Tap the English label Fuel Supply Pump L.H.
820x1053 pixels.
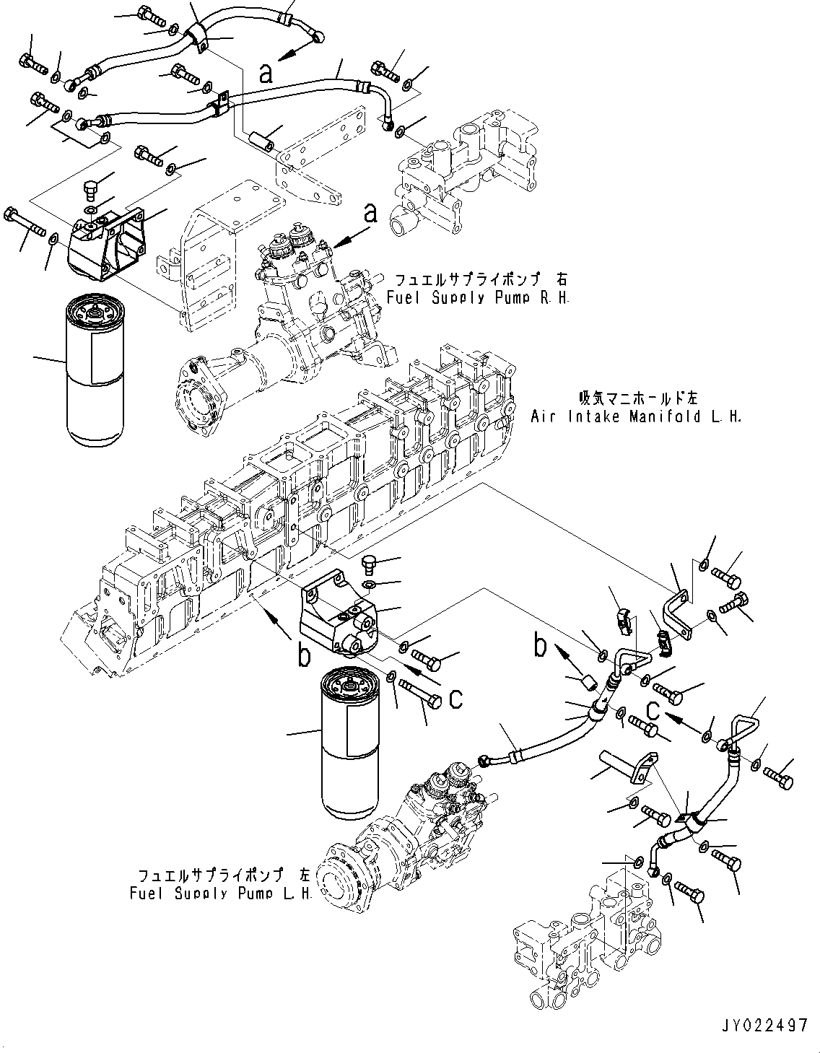point(220,893)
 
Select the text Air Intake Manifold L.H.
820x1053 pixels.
point(636,416)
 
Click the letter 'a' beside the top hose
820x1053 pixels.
point(266,73)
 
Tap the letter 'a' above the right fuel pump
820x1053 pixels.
point(370,212)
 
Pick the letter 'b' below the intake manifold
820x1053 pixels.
point(305,655)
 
